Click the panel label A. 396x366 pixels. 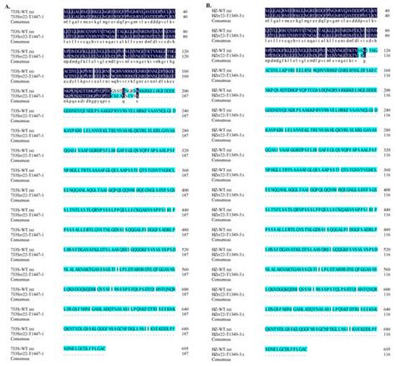[4, 3]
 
